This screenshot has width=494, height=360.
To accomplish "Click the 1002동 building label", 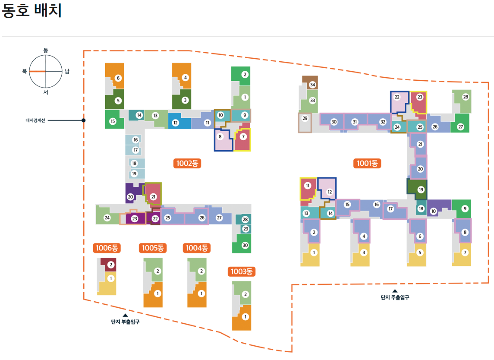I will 189,163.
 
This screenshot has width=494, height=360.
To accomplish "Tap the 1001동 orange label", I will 367,163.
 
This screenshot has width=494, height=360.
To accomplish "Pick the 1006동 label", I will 107,248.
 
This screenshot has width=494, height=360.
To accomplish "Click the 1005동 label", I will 153,248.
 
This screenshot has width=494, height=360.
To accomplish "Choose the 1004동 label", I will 197,248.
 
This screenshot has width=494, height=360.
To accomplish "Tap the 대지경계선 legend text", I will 35,120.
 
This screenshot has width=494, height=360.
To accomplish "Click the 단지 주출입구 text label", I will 394,297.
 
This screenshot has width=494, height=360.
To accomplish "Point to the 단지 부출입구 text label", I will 125,322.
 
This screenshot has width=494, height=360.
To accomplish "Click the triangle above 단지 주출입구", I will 394,291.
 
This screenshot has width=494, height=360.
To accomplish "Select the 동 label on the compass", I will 46,51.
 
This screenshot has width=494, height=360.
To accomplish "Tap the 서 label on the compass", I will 46,92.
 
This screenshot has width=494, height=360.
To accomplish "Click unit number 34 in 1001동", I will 313,85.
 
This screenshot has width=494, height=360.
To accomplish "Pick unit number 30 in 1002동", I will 245,245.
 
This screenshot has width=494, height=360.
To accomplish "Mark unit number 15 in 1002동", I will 113,121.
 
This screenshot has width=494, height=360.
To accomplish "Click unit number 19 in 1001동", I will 421,189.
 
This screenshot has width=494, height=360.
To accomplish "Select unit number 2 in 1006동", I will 111,264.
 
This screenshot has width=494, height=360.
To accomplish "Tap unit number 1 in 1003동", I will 245,317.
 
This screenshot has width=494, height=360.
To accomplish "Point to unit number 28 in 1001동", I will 466,97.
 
